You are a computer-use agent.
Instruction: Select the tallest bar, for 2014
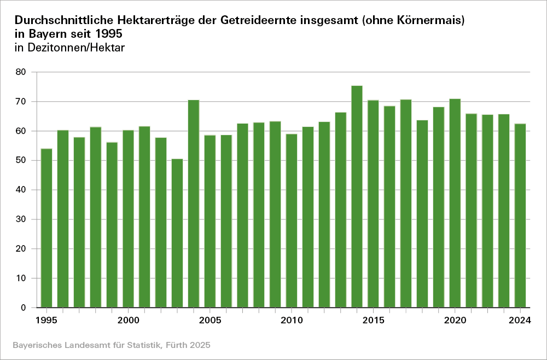point(357,197)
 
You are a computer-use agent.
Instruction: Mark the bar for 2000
point(128,219)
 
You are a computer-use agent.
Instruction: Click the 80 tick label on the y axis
point(21,72)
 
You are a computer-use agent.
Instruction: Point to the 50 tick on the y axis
point(21,161)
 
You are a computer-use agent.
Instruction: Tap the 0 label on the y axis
point(24,308)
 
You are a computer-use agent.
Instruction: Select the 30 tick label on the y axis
point(21,219)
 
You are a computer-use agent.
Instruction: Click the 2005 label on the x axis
point(210,320)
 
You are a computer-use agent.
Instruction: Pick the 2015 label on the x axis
point(373,320)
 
